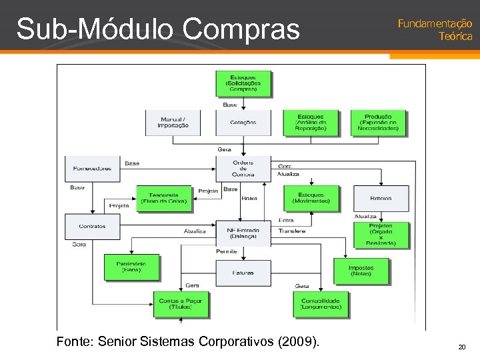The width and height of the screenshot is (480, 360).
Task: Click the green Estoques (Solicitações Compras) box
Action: (243, 83)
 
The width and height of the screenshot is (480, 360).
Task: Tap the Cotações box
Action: (243, 123)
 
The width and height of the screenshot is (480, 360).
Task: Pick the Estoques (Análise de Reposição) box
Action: (311, 123)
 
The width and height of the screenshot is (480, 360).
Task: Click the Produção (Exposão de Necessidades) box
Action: (379, 123)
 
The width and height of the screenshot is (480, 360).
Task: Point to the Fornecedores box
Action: (92, 169)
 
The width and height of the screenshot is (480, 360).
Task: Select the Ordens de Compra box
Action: (243, 169)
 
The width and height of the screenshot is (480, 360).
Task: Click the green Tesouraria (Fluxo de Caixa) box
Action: (164, 199)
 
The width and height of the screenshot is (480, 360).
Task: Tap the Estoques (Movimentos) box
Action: (311, 199)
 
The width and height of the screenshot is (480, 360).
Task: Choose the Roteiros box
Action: (381, 199)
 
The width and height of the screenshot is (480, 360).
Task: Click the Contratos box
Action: (92, 226)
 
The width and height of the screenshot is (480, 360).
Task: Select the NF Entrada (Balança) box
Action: (243, 233)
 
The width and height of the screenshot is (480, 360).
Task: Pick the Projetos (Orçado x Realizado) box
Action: (381, 235)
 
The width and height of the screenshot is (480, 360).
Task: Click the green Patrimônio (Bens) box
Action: (131, 267)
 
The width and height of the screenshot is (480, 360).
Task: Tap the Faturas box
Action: (243, 273)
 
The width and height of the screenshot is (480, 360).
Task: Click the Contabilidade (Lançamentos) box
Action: (320, 304)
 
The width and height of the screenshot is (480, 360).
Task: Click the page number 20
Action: (461, 347)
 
